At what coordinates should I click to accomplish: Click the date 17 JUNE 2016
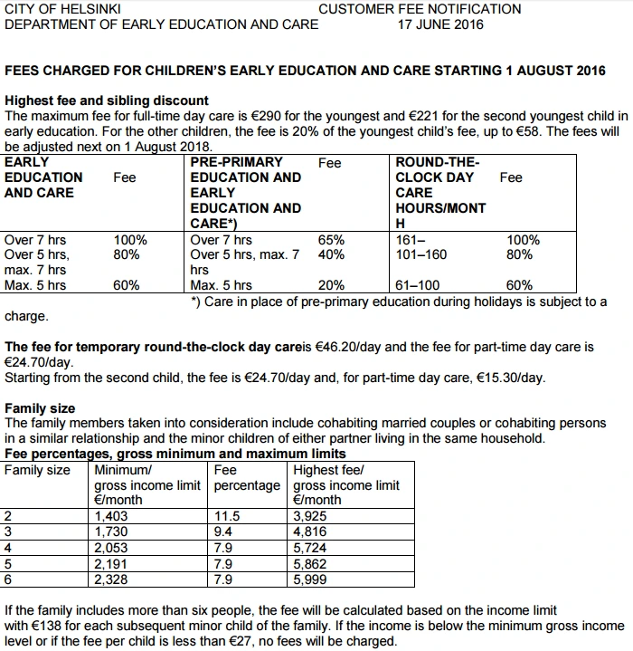pyautogui.click(x=440, y=24)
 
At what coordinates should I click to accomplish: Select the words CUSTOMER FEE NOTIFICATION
pyautogui.click(x=420, y=9)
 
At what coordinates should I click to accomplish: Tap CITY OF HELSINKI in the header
pyautogui.click(x=56, y=9)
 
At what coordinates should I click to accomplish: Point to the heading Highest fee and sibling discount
pyautogui.click(x=107, y=101)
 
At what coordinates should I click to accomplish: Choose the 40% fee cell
pyautogui.click(x=331, y=255)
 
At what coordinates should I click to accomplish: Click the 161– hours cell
pyautogui.click(x=410, y=240)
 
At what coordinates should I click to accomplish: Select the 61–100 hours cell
pyautogui.click(x=417, y=285)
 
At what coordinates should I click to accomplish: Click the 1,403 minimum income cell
pyautogui.click(x=113, y=516)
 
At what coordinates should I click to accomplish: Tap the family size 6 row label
pyautogui.click(x=8, y=579)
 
